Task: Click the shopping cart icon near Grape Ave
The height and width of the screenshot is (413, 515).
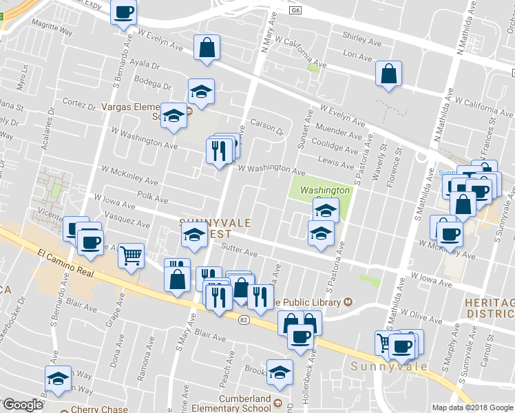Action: tap(131, 256)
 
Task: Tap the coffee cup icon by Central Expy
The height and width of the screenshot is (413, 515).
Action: tap(124, 12)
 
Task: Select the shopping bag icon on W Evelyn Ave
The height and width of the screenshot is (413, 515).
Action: tap(207, 47)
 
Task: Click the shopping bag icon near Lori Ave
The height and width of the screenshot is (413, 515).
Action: tap(388, 74)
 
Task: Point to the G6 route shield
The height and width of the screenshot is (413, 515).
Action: tap(295, 10)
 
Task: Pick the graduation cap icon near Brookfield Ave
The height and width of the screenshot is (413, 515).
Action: tap(280, 372)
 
